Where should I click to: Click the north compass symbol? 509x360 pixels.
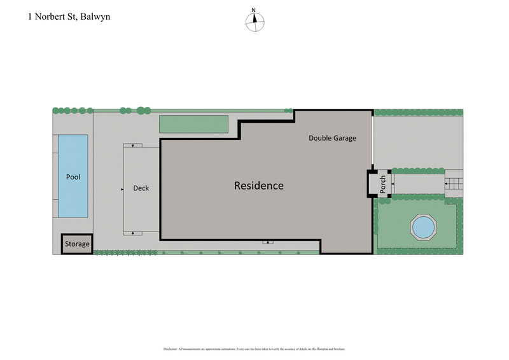tap(254, 20)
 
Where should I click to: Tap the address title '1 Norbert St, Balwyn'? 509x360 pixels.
tap(69, 17)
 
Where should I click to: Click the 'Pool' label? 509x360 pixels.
tap(73, 177)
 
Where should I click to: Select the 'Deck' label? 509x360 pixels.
tap(141, 188)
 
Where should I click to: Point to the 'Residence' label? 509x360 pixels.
tap(258, 186)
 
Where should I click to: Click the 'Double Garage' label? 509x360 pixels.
tap(332, 138)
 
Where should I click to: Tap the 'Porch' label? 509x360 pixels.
tap(382, 184)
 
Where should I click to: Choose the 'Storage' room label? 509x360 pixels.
tap(77, 244)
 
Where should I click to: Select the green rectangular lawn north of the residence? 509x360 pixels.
tap(193, 124)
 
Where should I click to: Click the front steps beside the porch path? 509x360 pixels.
tap(454, 184)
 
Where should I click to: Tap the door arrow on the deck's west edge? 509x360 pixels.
tap(122, 189)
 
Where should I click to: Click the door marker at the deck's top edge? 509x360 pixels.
tap(133, 146)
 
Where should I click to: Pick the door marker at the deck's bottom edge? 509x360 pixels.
tap(133, 233)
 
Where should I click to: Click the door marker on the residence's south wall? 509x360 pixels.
tap(269, 242)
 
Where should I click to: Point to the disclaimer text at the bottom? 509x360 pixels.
tap(254, 349)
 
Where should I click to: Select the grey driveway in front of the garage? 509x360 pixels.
tap(417, 142)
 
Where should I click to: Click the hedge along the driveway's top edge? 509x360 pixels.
tap(418, 113)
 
